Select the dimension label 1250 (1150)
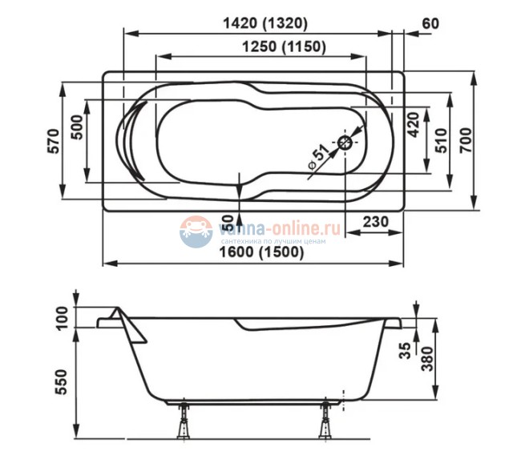tap(283, 47)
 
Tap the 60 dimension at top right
tap(430, 22)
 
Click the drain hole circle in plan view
tap(345, 143)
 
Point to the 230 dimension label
tap(370, 222)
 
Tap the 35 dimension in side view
tap(406, 350)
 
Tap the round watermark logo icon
tap(196, 232)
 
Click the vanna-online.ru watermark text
tap(281, 229)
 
